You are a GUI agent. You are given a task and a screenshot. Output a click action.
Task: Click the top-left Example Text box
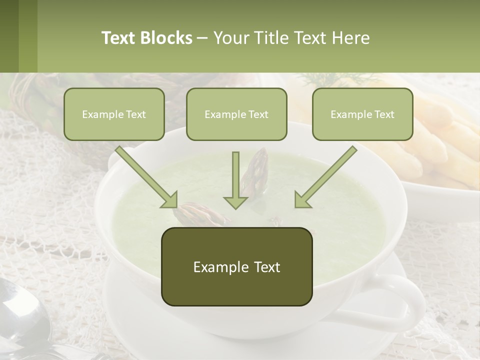pos(114,114)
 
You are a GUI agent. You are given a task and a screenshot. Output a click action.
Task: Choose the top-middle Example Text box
pos(236,114)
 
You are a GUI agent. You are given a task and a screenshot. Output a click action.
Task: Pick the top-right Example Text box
pos(362,114)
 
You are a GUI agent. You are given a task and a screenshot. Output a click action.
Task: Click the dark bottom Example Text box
pos(236,266)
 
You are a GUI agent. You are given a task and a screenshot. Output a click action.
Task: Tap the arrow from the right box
pos(327,175)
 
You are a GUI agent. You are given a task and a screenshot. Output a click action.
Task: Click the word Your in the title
pos(229,38)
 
